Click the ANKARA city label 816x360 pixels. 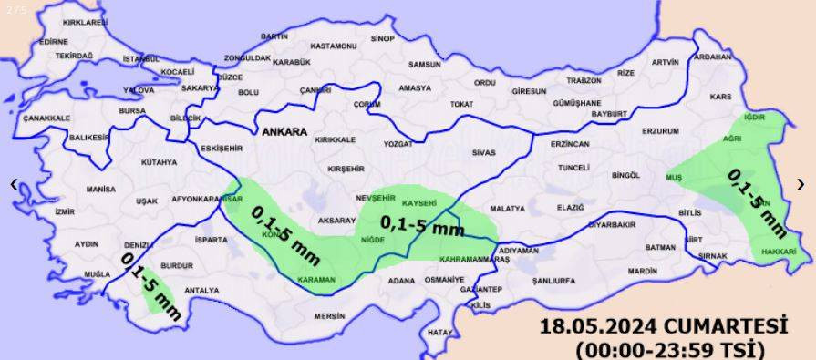284,132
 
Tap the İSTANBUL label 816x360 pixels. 140,59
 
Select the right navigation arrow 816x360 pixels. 801,184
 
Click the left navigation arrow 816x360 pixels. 13,184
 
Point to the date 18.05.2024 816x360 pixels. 598,327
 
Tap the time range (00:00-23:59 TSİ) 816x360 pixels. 669,349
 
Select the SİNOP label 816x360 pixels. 383,38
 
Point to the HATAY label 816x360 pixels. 439,332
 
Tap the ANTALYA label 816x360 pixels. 201,291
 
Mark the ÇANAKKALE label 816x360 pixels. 46,118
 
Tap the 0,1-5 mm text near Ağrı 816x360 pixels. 756,201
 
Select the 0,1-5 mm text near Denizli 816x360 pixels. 151,285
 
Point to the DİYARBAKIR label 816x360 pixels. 611,224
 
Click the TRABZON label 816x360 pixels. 584,80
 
